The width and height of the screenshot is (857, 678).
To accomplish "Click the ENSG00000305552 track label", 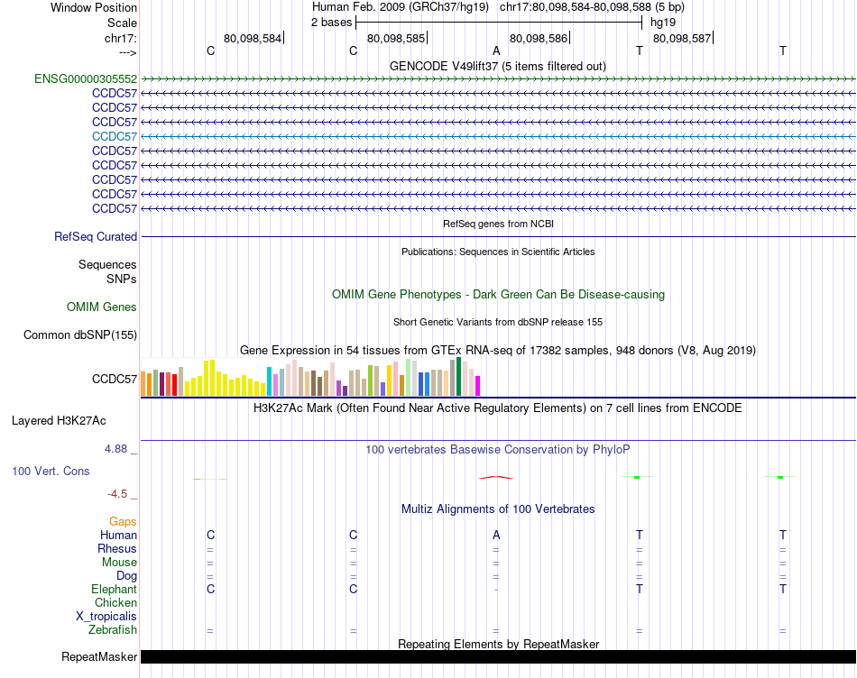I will coord(86,78).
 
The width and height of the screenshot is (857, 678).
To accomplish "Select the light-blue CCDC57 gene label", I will coord(115,136).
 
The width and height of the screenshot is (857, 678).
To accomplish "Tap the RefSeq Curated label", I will coord(96,237).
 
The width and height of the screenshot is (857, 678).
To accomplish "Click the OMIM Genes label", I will coord(102,307).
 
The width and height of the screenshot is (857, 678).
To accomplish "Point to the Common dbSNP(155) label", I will coord(80,335).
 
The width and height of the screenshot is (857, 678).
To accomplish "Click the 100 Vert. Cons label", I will coord(51,471).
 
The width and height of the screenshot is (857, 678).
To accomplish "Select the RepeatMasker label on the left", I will coord(98,656).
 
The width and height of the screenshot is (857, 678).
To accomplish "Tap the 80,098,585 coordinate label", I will coord(396,39).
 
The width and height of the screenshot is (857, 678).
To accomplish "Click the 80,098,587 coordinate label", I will coord(681,39).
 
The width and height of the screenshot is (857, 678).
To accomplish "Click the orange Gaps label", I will coord(123,521).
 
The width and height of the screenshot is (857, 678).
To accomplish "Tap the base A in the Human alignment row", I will coord(496,535).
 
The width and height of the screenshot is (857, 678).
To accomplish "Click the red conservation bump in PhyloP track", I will coord(496,477).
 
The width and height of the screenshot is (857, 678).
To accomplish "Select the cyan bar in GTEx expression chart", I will coord(269,381).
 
